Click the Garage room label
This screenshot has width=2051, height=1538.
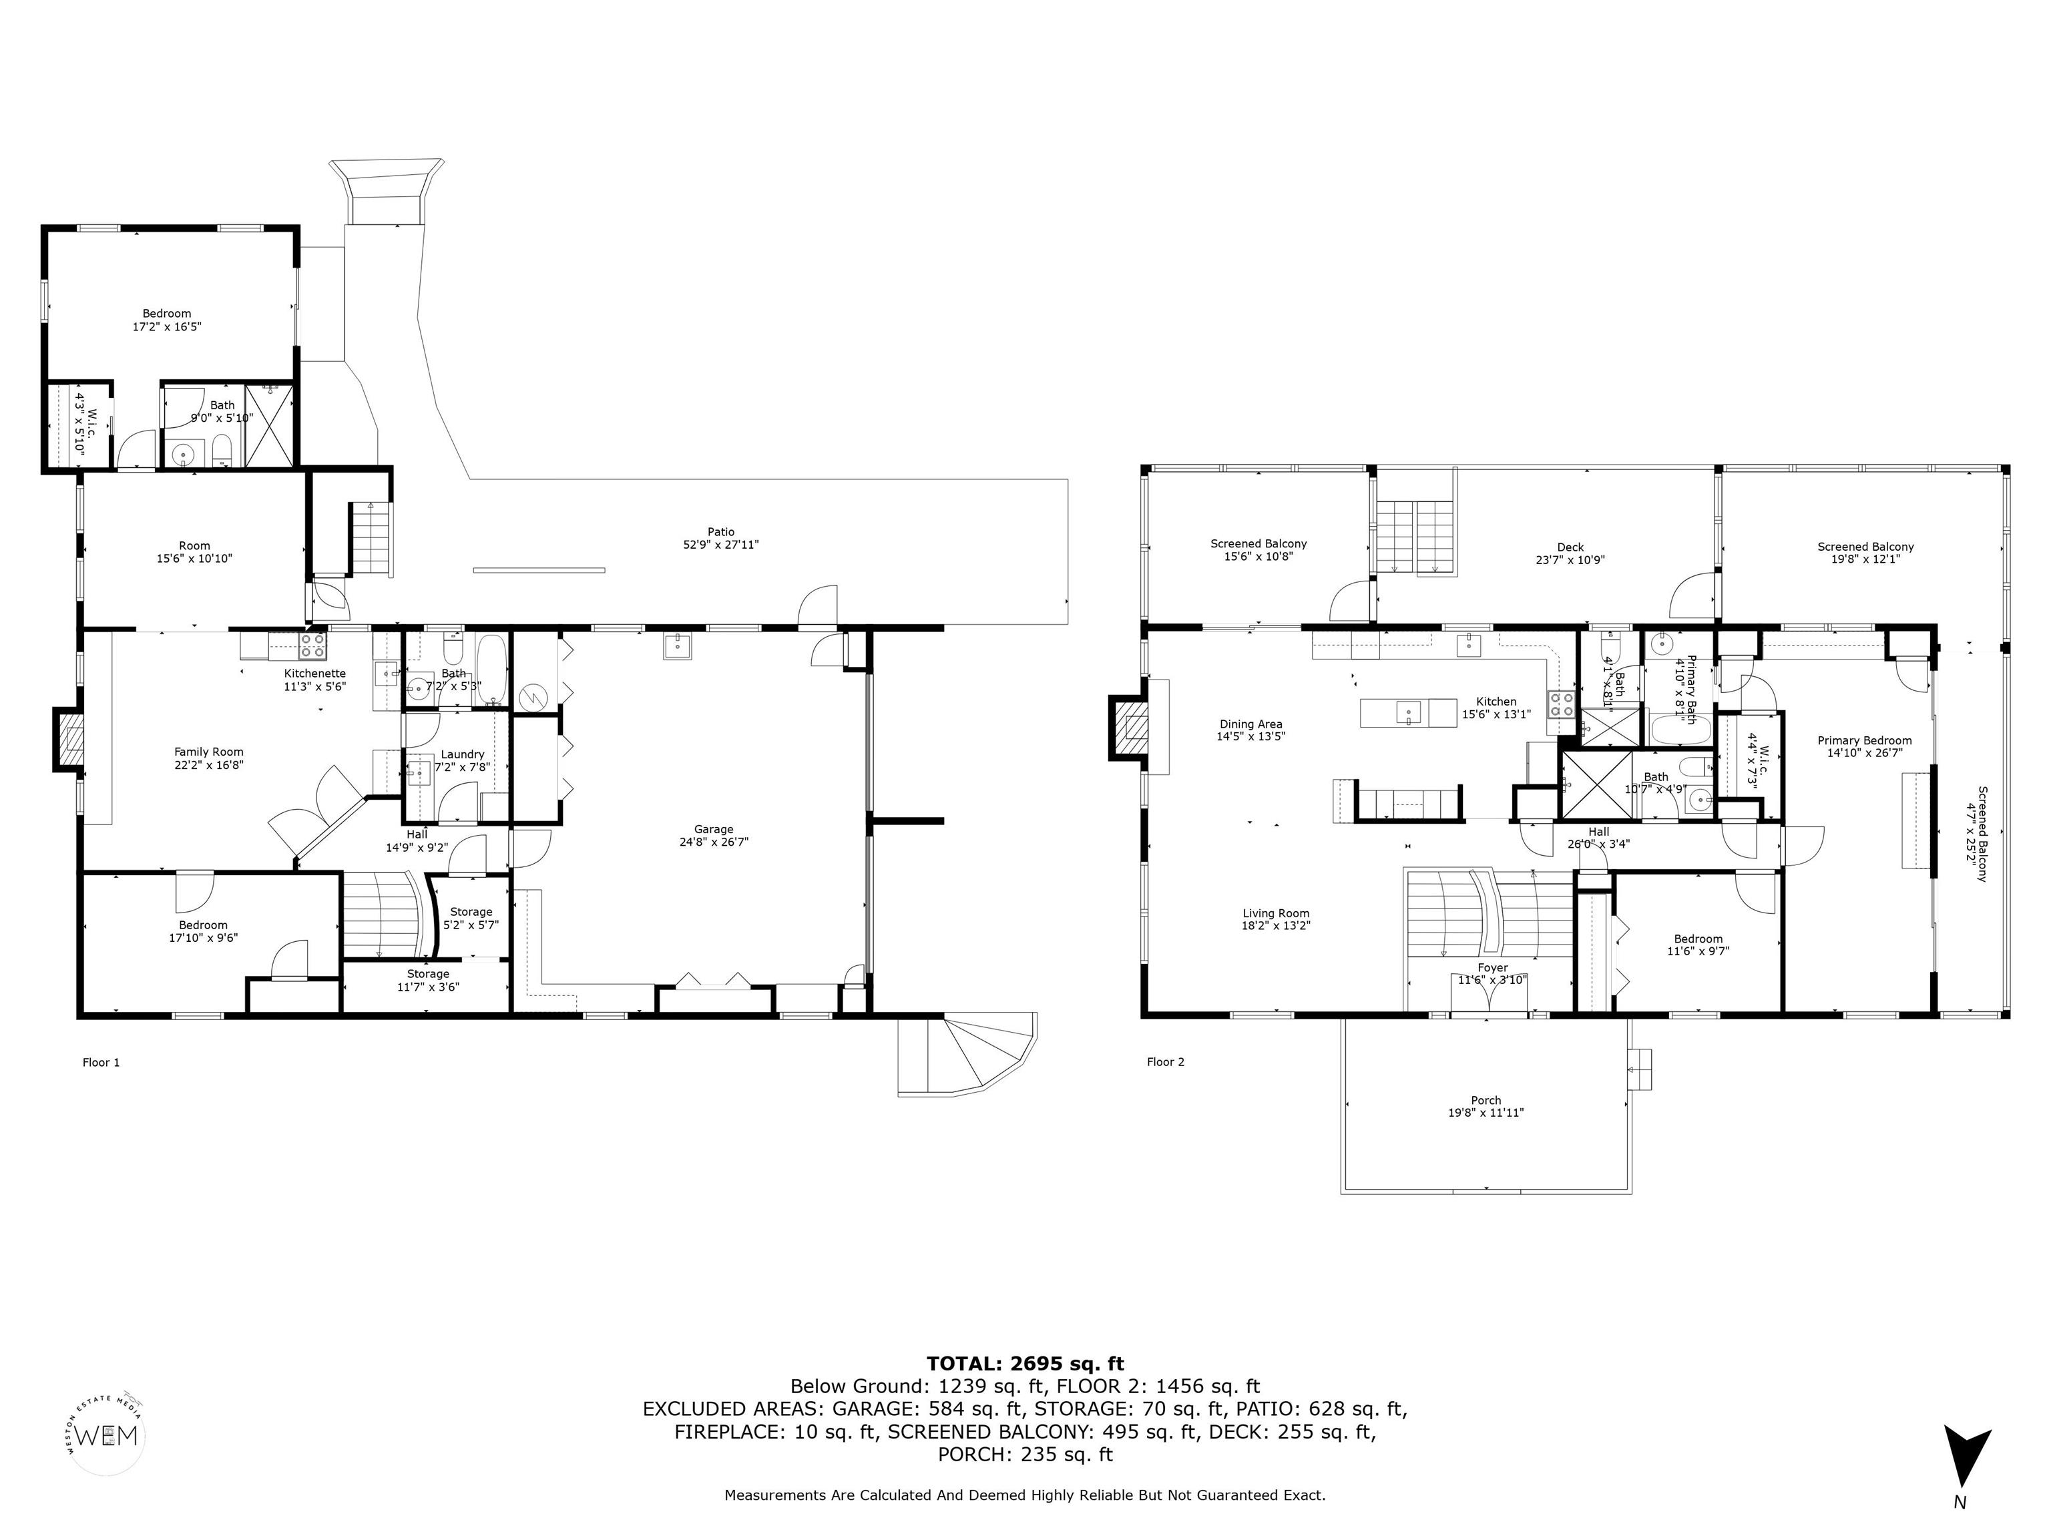713,830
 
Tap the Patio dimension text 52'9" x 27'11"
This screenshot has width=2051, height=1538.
720,545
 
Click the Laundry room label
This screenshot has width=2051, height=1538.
462,754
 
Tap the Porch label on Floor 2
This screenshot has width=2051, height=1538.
1486,1100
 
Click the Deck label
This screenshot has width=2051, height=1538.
1570,547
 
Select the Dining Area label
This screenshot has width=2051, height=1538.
1250,724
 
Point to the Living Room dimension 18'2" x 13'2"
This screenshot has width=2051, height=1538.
1276,925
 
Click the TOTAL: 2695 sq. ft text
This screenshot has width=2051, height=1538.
1025,1364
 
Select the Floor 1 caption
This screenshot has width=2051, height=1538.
101,1063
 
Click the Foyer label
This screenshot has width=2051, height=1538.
1492,968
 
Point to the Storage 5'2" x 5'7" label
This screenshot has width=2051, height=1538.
471,918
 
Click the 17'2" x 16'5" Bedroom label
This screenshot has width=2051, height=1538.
167,320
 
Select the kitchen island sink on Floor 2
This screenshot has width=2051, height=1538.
1407,712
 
